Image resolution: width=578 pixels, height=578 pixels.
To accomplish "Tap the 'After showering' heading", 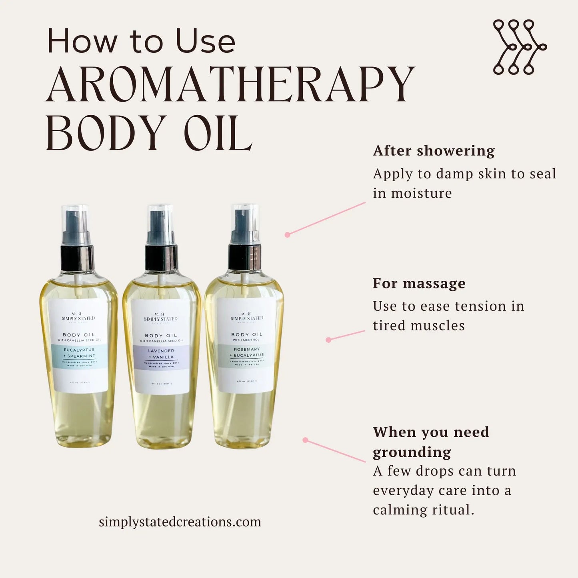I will [434, 151].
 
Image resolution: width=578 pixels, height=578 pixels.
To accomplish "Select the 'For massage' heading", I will [419, 283].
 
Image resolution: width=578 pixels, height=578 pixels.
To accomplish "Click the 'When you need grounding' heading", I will [430, 442].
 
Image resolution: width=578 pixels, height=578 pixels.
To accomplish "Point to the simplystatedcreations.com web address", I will [180, 522].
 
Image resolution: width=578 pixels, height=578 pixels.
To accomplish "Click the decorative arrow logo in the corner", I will [519, 47].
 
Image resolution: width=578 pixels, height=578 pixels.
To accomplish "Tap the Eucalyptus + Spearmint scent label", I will [79, 353].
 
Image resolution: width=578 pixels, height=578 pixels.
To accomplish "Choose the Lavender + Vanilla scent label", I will [161, 354].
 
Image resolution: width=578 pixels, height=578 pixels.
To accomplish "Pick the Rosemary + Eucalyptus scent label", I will [247, 352].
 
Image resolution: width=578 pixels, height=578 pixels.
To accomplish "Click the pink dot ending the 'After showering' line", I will [287, 235].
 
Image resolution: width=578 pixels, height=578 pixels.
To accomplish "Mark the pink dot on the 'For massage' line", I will [328, 340].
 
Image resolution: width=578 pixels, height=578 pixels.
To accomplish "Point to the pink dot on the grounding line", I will [305, 440].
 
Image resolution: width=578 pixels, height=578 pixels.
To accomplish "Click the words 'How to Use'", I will [141, 41].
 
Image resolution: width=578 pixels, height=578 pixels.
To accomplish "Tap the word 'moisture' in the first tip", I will [421, 193].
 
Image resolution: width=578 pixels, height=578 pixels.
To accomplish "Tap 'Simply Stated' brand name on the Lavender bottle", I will [160, 319].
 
